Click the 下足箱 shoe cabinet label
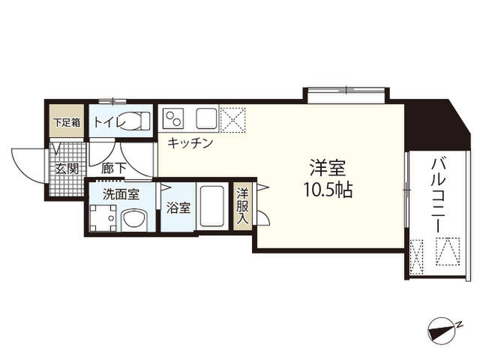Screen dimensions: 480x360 [67, 122]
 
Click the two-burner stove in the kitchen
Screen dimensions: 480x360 [172, 118]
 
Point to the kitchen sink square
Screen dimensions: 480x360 [207, 118]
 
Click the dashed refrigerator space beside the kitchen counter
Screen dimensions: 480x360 [232, 120]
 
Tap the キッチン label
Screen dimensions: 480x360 [190, 143]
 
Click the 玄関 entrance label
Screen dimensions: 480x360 [67, 169]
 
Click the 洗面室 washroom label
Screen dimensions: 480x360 [121, 194]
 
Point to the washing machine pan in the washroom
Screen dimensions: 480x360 [103, 218]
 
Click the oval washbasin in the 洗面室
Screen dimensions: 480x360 [133, 218]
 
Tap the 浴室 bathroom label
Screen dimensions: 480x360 [178, 208]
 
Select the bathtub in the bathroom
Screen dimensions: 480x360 [211, 207]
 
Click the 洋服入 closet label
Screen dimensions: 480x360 [242, 205]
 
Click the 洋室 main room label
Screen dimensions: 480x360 [328, 168]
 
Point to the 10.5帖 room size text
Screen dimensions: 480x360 [328, 190]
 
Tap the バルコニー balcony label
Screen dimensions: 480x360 [438, 195]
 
